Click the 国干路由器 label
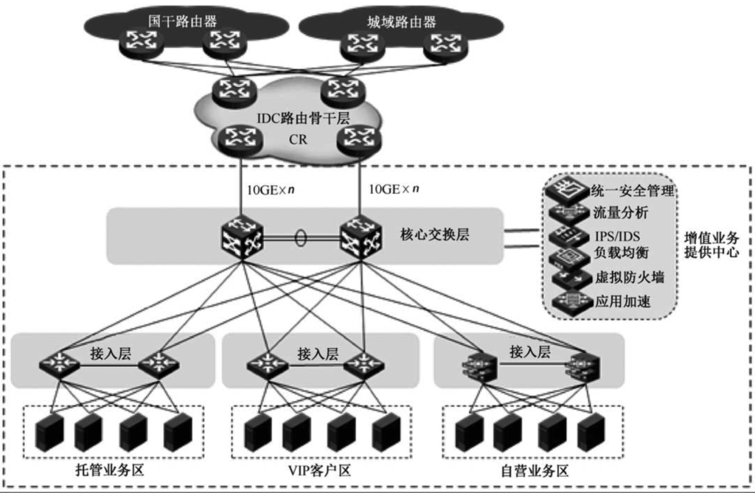(x=183, y=21)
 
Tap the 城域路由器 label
(x=402, y=21)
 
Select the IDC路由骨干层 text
(x=303, y=119)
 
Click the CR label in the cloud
(x=298, y=139)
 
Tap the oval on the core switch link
(x=301, y=238)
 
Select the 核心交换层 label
(x=435, y=234)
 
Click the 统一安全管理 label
(x=633, y=191)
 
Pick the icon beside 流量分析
(x=568, y=213)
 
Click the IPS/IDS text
(x=618, y=237)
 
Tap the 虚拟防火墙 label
(x=630, y=277)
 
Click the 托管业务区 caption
(x=111, y=470)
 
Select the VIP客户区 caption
(x=320, y=470)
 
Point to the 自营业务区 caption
(x=535, y=470)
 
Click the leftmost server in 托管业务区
(x=49, y=432)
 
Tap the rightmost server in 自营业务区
(x=591, y=432)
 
